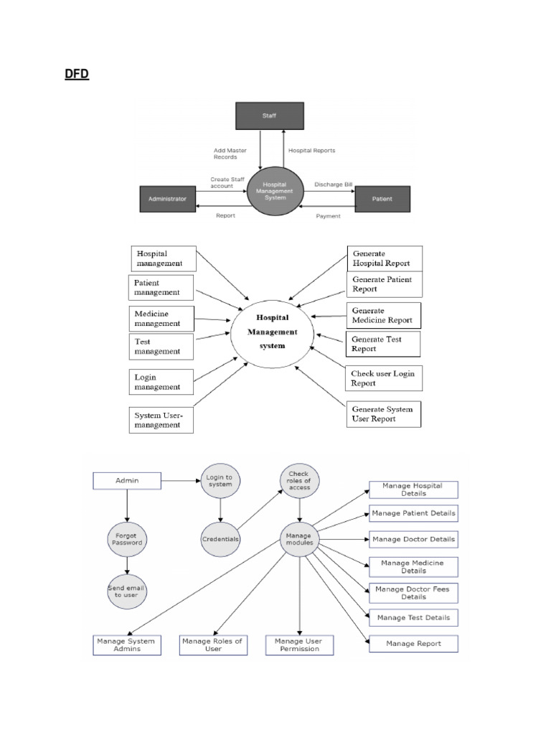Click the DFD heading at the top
pos(77,74)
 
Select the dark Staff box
pos(270,116)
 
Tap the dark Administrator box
pos(167,199)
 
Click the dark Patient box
pos(383,199)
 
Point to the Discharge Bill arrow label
pos(334,184)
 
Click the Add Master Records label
pos(225,154)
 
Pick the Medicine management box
pos(161,318)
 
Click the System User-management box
pos(161,420)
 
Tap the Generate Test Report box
pos(383,344)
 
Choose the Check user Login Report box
pos(382,378)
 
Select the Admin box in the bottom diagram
pos(126,480)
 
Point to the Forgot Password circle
pos(126,538)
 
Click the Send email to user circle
pos(127,591)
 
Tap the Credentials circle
pos(220,538)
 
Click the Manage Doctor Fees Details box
pos(413,593)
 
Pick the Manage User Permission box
pos(298,645)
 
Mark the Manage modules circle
pos(299,538)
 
